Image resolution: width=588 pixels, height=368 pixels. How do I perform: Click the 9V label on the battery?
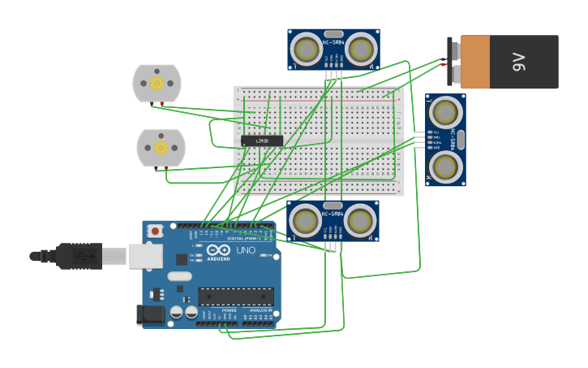point(520,62)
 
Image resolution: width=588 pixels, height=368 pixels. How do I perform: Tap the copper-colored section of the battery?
point(475,62)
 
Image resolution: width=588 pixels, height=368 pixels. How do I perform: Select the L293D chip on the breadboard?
point(261,141)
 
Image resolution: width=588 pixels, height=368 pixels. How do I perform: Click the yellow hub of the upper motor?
point(157,83)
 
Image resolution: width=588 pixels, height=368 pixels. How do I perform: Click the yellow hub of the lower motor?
point(161,147)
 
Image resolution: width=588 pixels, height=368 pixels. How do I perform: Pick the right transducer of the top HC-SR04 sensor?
point(360,50)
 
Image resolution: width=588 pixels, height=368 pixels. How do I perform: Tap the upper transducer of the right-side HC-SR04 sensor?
point(445,112)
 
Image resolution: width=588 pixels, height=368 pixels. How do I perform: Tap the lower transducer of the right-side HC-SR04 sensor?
point(445,167)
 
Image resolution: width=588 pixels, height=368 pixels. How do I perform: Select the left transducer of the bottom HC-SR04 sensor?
point(306,220)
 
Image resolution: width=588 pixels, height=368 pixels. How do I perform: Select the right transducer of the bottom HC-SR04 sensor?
point(360,220)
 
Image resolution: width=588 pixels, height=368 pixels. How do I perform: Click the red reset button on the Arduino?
point(155,231)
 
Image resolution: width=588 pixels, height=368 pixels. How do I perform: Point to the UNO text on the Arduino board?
point(246,250)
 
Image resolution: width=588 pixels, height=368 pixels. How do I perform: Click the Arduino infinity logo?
point(218,251)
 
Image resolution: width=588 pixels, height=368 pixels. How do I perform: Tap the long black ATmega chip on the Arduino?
point(236,297)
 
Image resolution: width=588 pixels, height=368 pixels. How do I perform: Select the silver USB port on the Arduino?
point(145,256)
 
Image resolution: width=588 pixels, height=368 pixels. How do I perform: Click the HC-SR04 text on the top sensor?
point(333,42)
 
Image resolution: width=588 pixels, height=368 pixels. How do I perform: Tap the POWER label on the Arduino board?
point(230,310)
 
